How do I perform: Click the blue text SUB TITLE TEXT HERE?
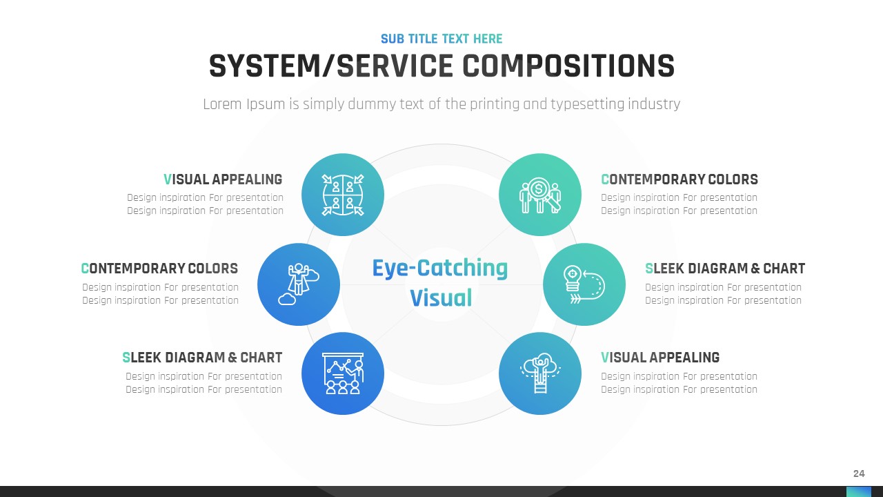tap(441, 39)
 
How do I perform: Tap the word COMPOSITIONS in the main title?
tap(568, 66)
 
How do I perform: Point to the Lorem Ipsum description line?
tap(441, 104)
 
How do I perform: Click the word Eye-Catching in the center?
tap(439, 268)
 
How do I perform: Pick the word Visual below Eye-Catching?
tap(441, 298)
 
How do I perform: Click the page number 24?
tap(859, 474)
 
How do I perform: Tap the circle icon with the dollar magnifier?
tap(540, 195)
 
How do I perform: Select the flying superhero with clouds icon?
tap(299, 284)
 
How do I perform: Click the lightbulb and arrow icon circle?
tap(584, 284)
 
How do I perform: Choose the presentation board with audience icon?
tap(343, 373)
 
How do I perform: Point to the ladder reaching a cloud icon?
tap(540, 373)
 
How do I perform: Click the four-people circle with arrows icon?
tap(343, 195)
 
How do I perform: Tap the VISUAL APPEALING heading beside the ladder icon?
tap(660, 358)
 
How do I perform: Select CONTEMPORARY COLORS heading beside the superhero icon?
tap(159, 269)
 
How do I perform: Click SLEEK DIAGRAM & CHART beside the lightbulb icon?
tap(725, 269)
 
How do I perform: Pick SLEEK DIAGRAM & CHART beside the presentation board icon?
tap(202, 358)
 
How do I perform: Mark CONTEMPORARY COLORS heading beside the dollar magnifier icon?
tap(679, 179)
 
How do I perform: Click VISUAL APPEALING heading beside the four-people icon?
tap(223, 179)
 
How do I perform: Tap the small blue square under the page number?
tap(859, 491)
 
